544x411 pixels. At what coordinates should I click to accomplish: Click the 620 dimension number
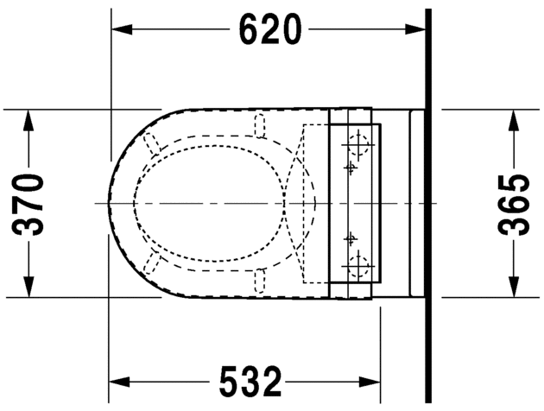click(271, 30)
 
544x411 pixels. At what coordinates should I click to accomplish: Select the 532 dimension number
click(250, 381)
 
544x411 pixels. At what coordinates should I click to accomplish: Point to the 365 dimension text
click(516, 204)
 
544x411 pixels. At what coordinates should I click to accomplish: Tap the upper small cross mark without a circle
click(351, 166)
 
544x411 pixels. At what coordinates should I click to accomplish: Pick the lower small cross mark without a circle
click(351, 237)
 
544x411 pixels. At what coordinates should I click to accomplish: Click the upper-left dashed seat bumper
click(155, 143)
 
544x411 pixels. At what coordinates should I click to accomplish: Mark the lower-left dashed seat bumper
click(155, 262)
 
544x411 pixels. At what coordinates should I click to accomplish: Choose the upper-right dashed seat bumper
click(258, 126)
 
